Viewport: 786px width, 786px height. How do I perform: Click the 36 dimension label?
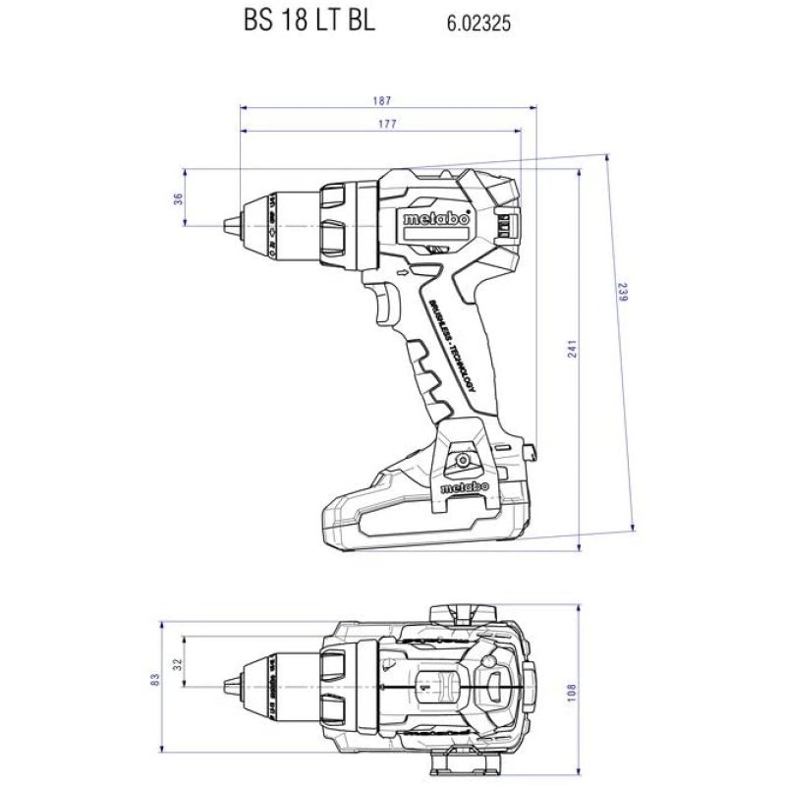tap(178, 198)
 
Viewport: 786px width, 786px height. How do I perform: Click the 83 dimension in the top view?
tap(155, 679)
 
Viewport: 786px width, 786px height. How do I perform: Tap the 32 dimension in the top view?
tap(178, 664)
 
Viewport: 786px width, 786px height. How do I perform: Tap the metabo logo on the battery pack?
tap(460, 488)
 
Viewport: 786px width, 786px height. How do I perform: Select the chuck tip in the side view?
tap(234, 225)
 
